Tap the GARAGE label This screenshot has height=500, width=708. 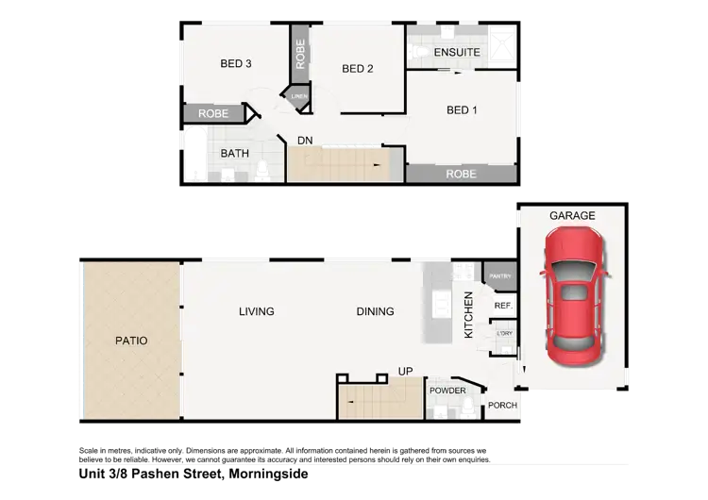573,216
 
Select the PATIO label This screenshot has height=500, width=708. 131,341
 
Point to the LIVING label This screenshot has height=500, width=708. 257,311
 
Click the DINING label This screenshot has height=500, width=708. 375,311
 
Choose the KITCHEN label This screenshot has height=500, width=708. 467,316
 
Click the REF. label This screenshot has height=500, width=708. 502,306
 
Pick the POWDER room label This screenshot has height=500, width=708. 447,391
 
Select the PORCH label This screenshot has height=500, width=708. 501,406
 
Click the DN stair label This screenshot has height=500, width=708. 305,141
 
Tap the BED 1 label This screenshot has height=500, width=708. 462,110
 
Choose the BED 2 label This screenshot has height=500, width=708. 358,69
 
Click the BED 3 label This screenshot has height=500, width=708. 236,64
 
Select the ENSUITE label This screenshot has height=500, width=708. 457,53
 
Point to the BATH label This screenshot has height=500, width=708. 234,153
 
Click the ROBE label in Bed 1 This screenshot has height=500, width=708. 461,174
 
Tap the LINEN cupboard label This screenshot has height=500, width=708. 299,97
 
